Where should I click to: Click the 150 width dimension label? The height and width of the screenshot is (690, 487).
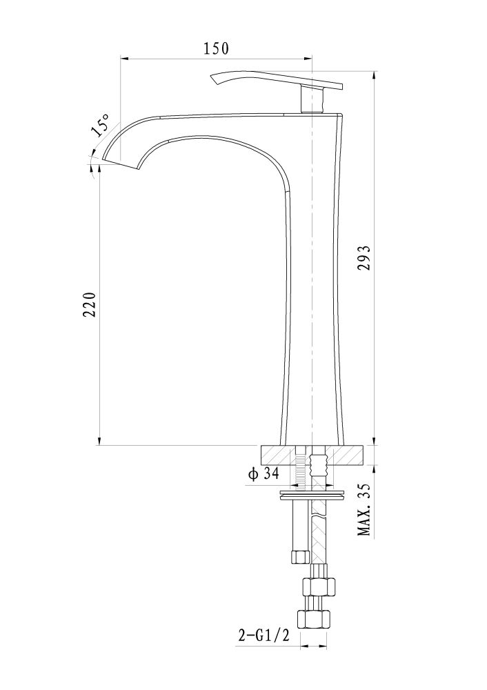(216, 48)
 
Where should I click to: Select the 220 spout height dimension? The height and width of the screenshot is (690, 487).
(89, 304)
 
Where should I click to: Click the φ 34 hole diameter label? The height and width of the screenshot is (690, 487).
(264, 474)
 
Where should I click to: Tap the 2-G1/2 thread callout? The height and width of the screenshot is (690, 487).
(264, 635)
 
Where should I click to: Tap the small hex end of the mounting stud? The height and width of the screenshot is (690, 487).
(301, 558)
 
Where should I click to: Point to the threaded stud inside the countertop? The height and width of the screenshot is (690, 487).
(301, 467)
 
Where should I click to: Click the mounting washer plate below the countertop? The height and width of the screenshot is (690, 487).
(312, 495)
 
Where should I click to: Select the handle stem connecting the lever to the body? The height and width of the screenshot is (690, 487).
(312, 99)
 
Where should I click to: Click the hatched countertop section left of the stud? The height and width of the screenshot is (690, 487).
(278, 455)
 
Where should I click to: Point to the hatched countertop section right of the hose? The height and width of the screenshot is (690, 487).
(346, 455)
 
